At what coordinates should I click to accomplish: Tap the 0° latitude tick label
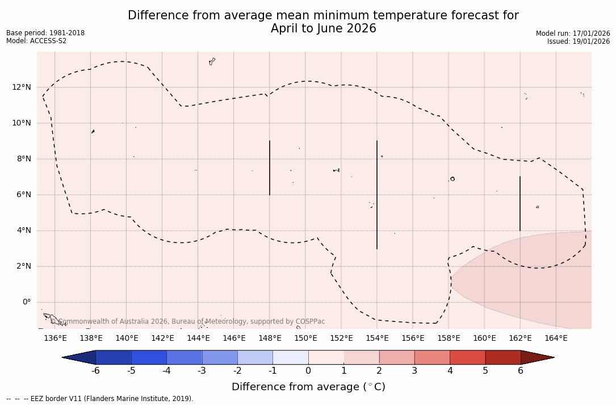(x=26, y=302)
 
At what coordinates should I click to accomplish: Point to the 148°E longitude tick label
(x=270, y=338)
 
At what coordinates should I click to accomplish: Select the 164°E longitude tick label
(x=556, y=338)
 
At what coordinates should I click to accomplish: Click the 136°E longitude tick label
(x=55, y=338)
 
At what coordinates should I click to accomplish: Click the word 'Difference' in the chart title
(x=155, y=16)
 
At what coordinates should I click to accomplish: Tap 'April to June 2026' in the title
(x=323, y=28)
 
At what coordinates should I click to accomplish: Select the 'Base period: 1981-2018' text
(x=45, y=33)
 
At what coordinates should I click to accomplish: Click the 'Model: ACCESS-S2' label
(x=36, y=41)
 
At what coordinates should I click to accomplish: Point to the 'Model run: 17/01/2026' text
(x=573, y=34)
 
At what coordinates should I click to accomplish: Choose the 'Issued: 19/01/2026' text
(x=579, y=41)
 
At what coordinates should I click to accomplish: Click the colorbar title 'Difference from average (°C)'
(x=308, y=387)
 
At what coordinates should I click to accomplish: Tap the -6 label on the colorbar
(x=95, y=371)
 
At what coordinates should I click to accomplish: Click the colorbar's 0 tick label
(x=308, y=371)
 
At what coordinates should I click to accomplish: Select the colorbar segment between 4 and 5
(x=467, y=357)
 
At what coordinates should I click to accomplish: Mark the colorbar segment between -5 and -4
(x=149, y=357)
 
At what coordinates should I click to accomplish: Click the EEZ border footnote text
(x=100, y=399)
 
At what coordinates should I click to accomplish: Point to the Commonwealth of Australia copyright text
(x=187, y=322)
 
